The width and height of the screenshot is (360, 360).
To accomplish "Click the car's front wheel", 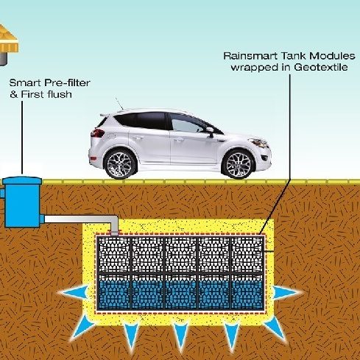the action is (237, 164).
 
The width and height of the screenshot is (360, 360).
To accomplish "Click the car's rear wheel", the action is (120, 164).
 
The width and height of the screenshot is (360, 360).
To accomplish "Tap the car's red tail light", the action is (98, 133).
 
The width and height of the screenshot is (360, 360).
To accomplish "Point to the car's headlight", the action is (258, 142).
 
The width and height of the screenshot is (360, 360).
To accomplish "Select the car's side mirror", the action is (210, 131).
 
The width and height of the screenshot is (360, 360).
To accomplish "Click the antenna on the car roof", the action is (119, 104).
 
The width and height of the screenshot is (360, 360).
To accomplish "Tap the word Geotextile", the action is (321, 67).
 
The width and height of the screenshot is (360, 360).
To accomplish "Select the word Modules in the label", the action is (332, 56).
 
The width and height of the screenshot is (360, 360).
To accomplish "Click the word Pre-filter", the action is (68, 83).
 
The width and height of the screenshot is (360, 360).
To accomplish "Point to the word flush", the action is (60, 94).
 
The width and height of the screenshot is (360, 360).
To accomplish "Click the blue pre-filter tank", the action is (23, 202).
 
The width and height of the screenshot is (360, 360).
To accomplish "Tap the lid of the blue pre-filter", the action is (22, 181).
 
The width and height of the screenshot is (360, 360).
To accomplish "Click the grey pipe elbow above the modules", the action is (113, 223).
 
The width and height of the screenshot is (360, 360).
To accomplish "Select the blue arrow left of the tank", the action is (73, 292).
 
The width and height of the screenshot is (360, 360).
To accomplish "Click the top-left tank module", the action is (114, 255).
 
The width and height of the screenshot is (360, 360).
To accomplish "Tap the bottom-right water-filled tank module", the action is (247, 292).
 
